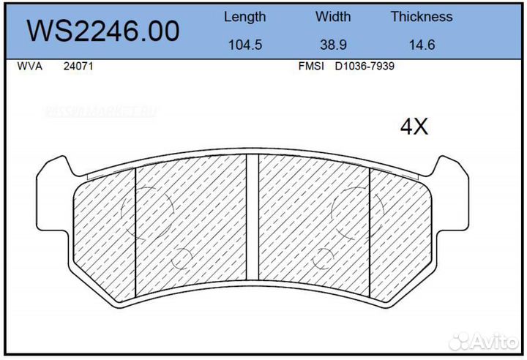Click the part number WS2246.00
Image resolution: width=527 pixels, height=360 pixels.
[103, 31]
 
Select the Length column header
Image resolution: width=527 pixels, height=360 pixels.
[244, 16]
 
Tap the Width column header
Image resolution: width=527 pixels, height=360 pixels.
[333, 16]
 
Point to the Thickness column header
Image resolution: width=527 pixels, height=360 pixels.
[421, 16]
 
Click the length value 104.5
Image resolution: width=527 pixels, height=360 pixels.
[244, 44]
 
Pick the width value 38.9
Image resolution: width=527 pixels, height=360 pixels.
[333, 44]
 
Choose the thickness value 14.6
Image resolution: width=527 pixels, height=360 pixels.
[422, 44]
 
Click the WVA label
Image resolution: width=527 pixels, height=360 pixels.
[29, 66]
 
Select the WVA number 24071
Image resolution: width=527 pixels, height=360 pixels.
[78, 66]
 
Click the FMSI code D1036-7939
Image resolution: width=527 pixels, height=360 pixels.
[365, 66]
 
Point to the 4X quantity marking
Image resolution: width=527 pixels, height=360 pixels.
[414, 127]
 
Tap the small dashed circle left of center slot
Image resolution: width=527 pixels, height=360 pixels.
[181, 258]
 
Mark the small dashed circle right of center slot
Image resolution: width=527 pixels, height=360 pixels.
[323, 258]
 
